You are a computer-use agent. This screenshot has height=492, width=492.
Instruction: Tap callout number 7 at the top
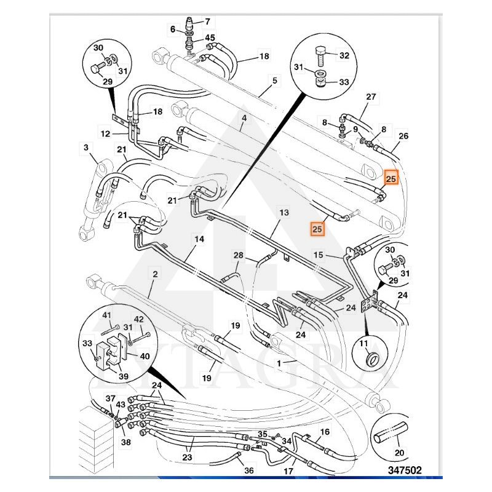(x=207, y=21)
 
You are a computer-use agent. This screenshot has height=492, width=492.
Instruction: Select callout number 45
(x=210, y=38)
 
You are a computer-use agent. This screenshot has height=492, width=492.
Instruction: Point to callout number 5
(x=274, y=81)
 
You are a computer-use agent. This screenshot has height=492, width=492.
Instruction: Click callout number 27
(x=371, y=97)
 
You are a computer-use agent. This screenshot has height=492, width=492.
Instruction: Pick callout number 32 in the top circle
(x=344, y=56)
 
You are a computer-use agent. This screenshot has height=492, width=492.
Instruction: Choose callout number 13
(x=283, y=212)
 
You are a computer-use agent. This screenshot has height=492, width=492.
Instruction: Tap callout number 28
(x=239, y=255)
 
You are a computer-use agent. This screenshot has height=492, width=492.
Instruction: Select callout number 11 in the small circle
(x=364, y=344)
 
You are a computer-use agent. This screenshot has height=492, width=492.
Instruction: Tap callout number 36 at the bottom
(x=248, y=470)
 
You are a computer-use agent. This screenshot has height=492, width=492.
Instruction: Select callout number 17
(x=287, y=472)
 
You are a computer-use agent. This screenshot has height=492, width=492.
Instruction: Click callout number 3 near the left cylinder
(x=85, y=147)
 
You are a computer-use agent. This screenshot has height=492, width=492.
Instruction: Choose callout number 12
(x=105, y=133)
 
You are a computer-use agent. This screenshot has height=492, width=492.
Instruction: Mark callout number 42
(x=139, y=319)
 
